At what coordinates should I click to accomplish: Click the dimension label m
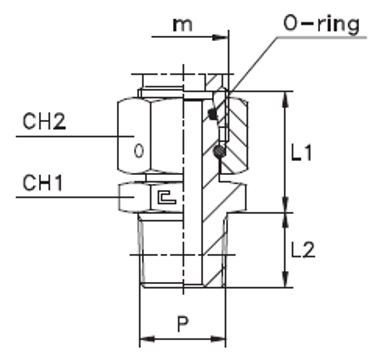(x=183, y=25)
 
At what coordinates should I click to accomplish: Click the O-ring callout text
(x=321, y=24)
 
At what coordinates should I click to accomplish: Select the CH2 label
(x=44, y=122)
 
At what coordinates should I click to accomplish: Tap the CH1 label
(x=42, y=183)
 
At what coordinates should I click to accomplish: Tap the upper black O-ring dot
(x=211, y=113)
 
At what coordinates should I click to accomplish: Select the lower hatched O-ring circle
(x=219, y=151)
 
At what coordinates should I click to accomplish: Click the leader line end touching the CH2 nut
(x=133, y=136)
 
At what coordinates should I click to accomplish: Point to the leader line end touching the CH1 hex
(x=133, y=197)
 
